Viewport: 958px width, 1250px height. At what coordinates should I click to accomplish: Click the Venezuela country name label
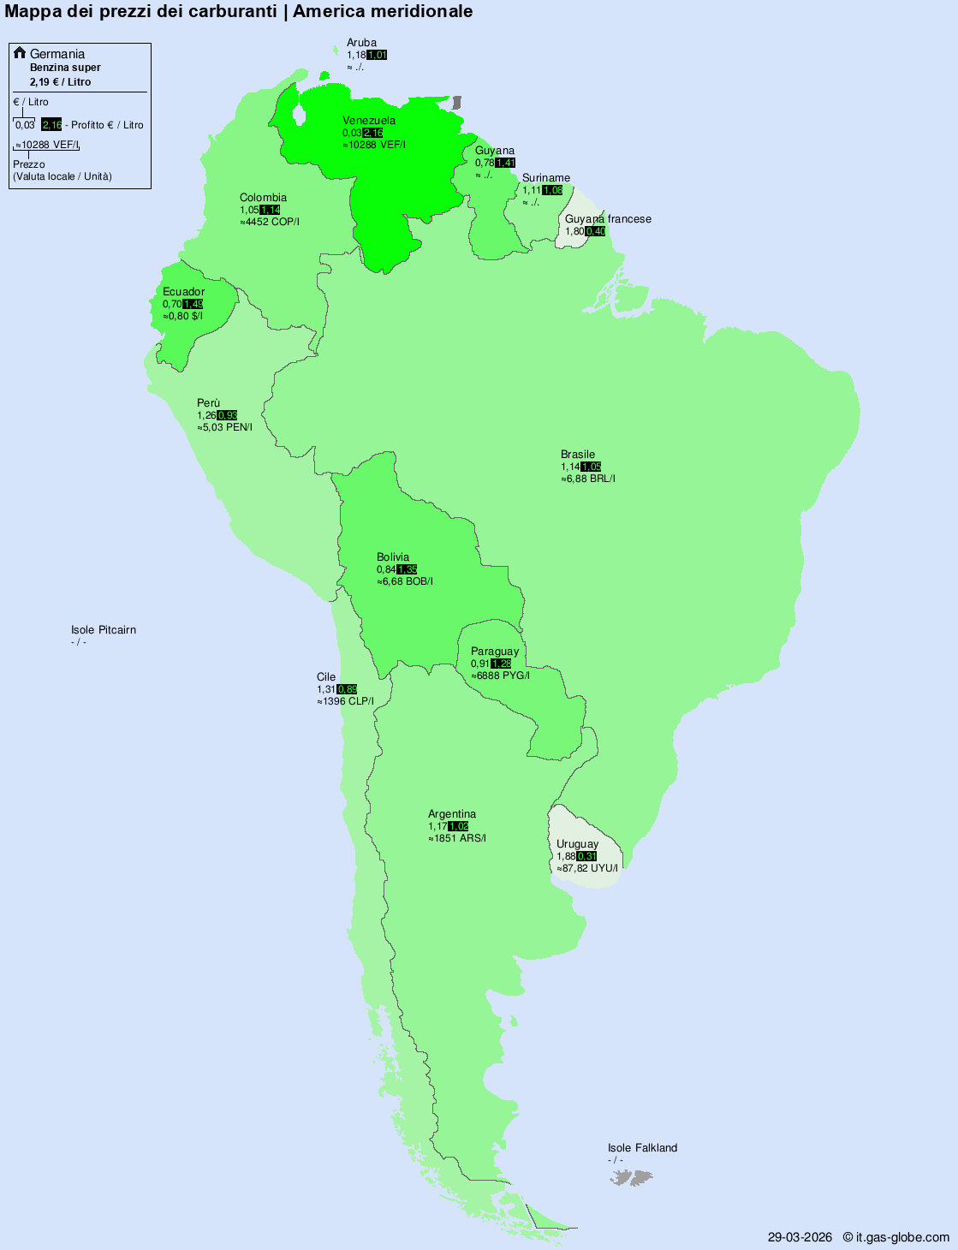pyautogui.click(x=369, y=121)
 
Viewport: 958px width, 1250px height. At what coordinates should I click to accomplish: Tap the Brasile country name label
pyautogui.click(x=578, y=455)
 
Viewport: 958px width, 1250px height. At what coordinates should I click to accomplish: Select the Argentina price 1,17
pyautogui.click(x=437, y=826)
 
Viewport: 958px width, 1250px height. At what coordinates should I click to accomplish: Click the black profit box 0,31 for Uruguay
pyautogui.click(x=587, y=856)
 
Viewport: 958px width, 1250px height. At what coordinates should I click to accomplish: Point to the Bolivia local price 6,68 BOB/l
pyautogui.click(x=407, y=581)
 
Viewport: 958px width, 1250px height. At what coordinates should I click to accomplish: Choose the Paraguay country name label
pyautogui.click(x=495, y=652)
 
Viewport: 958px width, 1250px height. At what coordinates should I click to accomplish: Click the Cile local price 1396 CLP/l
pyautogui.click(x=347, y=701)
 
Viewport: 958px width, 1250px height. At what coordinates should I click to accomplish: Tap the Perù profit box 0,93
pyautogui.click(x=228, y=415)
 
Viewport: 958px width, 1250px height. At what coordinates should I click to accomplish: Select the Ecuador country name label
pyautogui.click(x=183, y=292)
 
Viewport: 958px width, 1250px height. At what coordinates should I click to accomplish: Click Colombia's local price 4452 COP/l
pyautogui.click(x=271, y=222)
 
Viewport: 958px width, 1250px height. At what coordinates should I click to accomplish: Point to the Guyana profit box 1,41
pyautogui.click(x=506, y=163)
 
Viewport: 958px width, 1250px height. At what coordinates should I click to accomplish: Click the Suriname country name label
pyautogui.click(x=546, y=178)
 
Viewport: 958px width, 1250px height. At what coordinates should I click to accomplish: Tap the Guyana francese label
pyautogui.click(x=608, y=219)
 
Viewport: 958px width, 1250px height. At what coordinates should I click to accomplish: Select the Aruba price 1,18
pyautogui.click(x=356, y=55)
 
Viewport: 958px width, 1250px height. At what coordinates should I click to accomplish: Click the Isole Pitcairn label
pyautogui.click(x=104, y=630)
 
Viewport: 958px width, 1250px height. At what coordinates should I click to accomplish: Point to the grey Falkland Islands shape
pyautogui.click(x=632, y=1178)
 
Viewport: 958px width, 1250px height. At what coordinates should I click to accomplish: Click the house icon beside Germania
pyautogui.click(x=20, y=53)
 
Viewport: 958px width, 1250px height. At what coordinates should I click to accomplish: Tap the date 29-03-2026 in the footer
pyautogui.click(x=800, y=1237)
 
